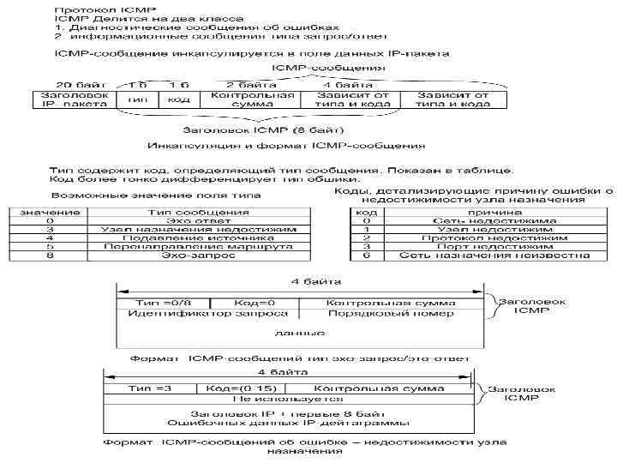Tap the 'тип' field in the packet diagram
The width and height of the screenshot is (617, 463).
(x=135, y=99)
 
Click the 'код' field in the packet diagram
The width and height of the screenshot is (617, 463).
(x=178, y=99)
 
